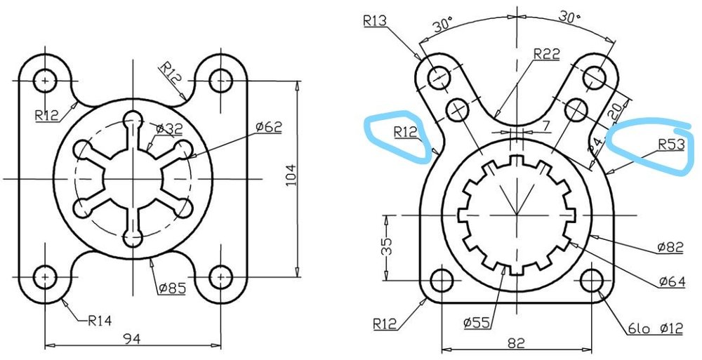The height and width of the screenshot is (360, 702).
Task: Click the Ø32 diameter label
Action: click(169, 129)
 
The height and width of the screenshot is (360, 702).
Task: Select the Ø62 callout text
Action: click(269, 127)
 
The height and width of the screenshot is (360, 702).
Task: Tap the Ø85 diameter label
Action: click(171, 288)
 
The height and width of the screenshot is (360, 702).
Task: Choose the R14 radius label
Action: click(100, 321)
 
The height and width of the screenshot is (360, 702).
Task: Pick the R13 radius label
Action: click(376, 21)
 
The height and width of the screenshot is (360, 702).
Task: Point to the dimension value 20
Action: click(615, 110)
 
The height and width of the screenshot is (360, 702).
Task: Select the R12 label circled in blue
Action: click(406, 131)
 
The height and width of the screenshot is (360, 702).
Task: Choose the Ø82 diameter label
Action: click(670, 247)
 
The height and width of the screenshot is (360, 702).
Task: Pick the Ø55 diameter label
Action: click(477, 323)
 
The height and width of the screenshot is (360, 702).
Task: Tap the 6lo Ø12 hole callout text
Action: click(654, 328)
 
